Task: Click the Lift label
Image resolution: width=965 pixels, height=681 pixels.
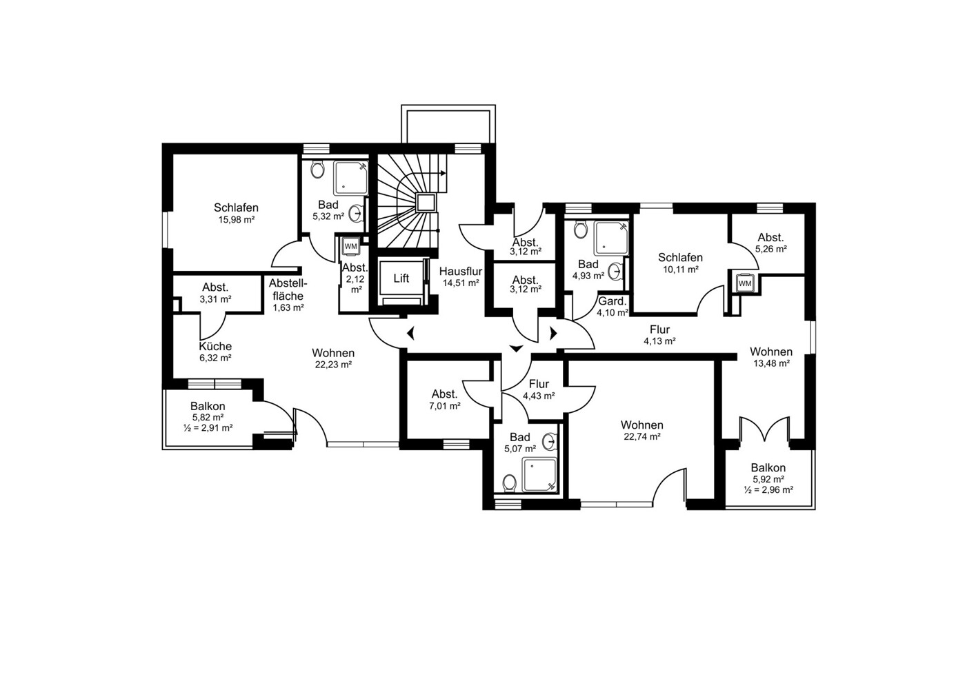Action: pyautogui.click(x=401, y=278)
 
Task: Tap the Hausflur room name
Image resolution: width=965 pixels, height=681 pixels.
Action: pyautogui.click(x=461, y=272)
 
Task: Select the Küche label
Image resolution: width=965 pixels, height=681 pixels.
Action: pyautogui.click(x=215, y=347)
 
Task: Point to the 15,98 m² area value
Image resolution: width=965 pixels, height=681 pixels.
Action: pyautogui.click(x=236, y=220)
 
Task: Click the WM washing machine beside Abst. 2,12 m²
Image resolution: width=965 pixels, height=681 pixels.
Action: pyautogui.click(x=350, y=246)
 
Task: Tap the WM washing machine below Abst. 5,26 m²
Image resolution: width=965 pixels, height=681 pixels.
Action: pyautogui.click(x=744, y=283)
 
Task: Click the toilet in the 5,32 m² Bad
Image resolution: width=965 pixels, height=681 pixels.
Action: pyautogui.click(x=318, y=170)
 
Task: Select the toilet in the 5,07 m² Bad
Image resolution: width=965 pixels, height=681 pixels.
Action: pyautogui.click(x=510, y=482)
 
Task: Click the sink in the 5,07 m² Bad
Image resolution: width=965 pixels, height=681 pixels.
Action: pyautogui.click(x=549, y=442)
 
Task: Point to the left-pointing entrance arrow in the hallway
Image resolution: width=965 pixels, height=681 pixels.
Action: pyautogui.click(x=410, y=333)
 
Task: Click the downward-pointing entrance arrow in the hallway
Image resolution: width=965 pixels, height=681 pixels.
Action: pyautogui.click(x=516, y=348)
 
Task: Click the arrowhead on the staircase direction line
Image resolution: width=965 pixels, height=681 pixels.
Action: pyautogui.click(x=444, y=173)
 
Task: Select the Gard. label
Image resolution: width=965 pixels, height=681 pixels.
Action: pyautogui.click(x=612, y=301)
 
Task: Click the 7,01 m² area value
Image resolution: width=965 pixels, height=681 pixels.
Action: pyautogui.click(x=445, y=405)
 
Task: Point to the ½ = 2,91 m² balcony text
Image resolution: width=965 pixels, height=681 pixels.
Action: pyautogui.click(x=208, y=428)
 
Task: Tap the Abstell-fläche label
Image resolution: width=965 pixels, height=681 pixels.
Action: pyautogui.click(x=288, y=289)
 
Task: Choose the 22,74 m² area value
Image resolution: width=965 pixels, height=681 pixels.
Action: pyautogui.click(x=642, y=436)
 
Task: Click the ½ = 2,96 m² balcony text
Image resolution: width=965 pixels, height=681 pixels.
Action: pyautogui.click(x=768, y=489)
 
